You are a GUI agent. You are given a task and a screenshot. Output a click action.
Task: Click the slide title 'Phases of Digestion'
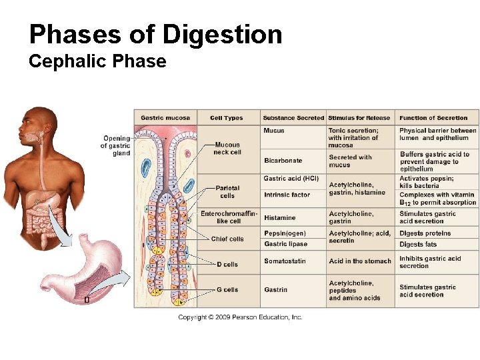pyautogui.click(x=155, y=34)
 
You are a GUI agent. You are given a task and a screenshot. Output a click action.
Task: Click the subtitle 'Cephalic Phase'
pyautogui.click(x=97, y=62)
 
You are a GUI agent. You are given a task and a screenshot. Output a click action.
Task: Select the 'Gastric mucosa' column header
pyautogui.click(x=165, y=118)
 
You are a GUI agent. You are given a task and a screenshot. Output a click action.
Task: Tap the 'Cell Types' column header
pyautogui.click(x=227, y=118)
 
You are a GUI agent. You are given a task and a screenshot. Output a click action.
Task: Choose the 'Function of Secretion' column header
pyautogui.click(x=433, y=118)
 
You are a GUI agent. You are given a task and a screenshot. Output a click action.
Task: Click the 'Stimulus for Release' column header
pyautogui.click(x=359, y=118)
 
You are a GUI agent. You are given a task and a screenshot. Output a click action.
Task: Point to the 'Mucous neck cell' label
pyautogui.click(x=227, y=148)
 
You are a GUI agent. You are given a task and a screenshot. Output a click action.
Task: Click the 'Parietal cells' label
pyautogui.click(x=227, y=192)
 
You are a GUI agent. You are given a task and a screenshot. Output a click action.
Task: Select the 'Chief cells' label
pyautogui.click(x=227, y=239)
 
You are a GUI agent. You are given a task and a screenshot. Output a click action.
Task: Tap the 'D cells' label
pyautogui.click(x=227, y=265)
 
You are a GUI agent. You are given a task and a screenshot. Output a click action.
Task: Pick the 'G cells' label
pyautogui.click(x=227, y=290)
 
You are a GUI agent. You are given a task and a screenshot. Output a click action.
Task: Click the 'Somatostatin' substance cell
pyautogui.click(x=285, y=261)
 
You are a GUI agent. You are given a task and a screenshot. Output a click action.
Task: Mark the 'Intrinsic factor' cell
pyautogui.click(x=287, y=195)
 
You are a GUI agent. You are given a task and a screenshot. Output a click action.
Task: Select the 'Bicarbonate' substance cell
pyautogui.click(x=283, y=161)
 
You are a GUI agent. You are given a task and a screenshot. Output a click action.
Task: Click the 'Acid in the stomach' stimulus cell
pyautogui.click(x=360, y=261)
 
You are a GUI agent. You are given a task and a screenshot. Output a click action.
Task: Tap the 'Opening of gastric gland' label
pyautogui.click(x=116, y=146)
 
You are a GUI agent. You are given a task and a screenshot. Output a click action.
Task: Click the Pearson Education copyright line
pyautogui.click(x=240, y=317)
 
